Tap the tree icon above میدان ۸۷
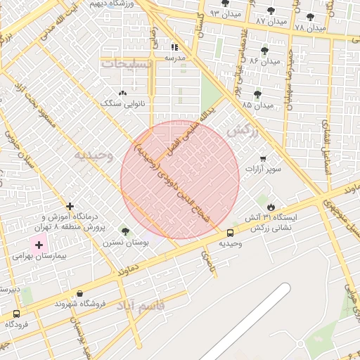(x=271, y=11)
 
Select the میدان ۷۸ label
(x=310, y=27)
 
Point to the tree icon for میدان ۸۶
(x=264, y=50)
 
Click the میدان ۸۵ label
(x=257, y=105)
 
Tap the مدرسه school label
(x=174, y=58)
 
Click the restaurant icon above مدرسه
(x=174, y=47)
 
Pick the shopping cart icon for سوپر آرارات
(x=263, y=159)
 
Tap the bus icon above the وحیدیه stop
(x=231, y=233)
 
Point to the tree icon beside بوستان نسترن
(x=125, y=231)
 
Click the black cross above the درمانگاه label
(x=69, y=207)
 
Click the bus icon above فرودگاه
(x=17, y=314)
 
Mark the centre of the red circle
(x=180, y=179)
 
